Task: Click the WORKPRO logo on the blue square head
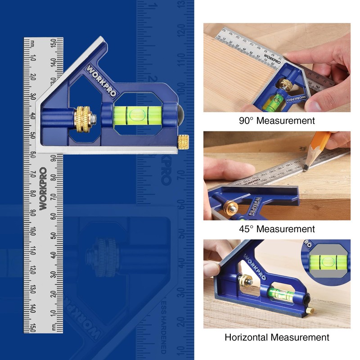click(x=100, y=81)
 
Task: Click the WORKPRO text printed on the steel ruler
click(x=43, y=189)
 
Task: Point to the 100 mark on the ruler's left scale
click(x=33, y=231)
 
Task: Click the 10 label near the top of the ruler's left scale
click(x=33, y=58)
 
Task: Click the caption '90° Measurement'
click(x=277, y=121)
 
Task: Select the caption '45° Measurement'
click(x=277, y=229)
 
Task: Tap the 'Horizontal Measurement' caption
click(x=277, y=337)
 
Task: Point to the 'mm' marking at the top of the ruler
click(x=33, y=43)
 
